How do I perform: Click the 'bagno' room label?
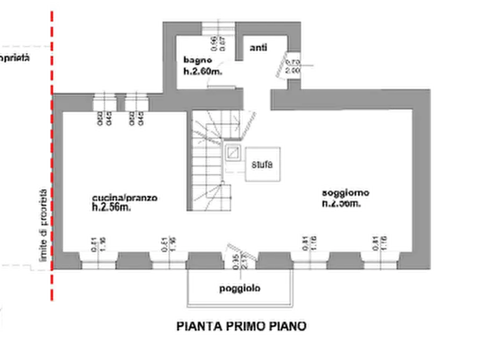pyautogui.click(x=194, y=60)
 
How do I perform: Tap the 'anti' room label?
pyautogui.click(x=259, y=50)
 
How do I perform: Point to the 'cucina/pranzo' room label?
pyautogui.click(x=124, y=199)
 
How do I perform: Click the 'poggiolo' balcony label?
pyautogui.click(x=240, y=289)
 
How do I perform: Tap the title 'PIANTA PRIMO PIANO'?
pyautogui.click(x=243, y=326)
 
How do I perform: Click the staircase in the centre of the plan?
pyautogui.click(x=211, y=161)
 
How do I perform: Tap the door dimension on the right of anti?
pyautogui.click(x=292, y=66)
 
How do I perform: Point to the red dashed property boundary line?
pyautogui.click(x=51, y=161)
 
